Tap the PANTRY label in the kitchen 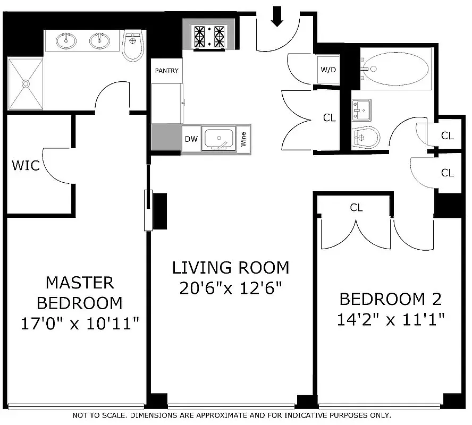[x=166, y=71]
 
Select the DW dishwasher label [x=191, y=139]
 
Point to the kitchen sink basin [x=218, y=138]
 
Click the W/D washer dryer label [x=328, y=70]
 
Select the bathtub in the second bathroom [x=395, y=69]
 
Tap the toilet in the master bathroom [x=132, y=47]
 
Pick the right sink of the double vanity [x=99, y=40]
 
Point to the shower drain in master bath [x=25, y=83]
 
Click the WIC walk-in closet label [x=26, y=165]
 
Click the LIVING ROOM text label [x=231, y=267]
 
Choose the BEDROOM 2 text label [x=390, y=300]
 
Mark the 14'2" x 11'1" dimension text [x=390, y=319]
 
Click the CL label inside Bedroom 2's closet [x=356, y=208]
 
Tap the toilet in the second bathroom [x=366, y=137]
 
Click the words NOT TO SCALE [x=100, y=415]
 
